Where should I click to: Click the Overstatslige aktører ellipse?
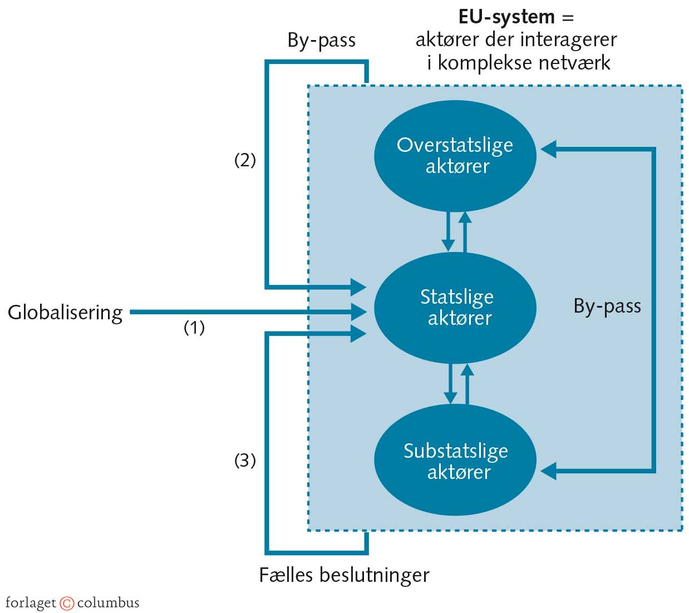click(455, 156)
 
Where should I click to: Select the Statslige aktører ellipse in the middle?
click(455, 308)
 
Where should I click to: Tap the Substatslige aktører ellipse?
click(455, 461)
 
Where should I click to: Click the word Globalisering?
click(65, 313)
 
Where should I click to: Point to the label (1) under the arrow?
click(194, 328)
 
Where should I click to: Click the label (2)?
click(245, 160)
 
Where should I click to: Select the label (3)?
click(245, 461)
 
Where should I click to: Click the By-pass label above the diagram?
click(321, 41)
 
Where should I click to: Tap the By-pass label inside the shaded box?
click(607, 306)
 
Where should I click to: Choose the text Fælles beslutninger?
click(344, 575)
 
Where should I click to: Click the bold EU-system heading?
click(506, 17)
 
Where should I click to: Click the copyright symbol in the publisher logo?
click(67, 603)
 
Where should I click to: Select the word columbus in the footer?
click(108, 603)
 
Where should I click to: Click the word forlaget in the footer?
click(31, 603)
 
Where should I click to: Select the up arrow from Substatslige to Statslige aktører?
click(467, 384)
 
